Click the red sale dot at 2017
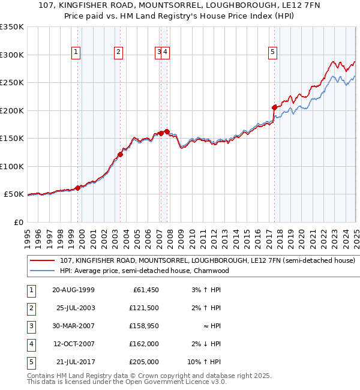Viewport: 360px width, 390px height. (x=275, y=107)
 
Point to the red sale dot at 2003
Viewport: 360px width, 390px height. (x=120, y=154)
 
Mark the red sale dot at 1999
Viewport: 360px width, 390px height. (x=77, y=188)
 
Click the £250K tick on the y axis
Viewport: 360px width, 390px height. (x=11, y=82)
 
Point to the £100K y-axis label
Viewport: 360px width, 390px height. (x=11, y=166)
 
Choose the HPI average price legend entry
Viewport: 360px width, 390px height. (x=144, y=271)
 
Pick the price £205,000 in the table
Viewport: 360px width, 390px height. (x=144, y=362)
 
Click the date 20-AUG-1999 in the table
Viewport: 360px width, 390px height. (x=73, y=290)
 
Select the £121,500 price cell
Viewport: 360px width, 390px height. (x=144, y=308)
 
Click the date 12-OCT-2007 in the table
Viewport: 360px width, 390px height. (x=73, y=344)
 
